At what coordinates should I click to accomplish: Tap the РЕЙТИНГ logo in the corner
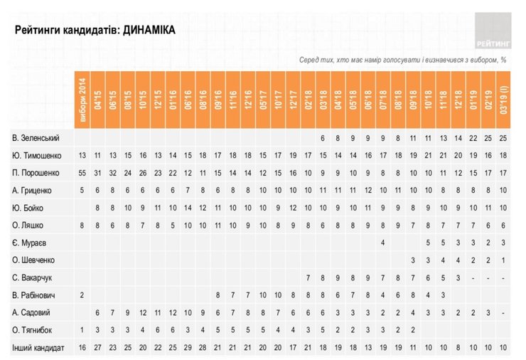493,29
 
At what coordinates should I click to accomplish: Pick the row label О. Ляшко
30,225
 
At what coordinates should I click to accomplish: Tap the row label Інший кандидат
38,348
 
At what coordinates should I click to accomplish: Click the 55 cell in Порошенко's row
82,172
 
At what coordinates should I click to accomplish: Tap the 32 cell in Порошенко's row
113,172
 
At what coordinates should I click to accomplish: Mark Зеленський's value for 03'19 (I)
503,137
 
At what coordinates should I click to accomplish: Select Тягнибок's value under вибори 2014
82,330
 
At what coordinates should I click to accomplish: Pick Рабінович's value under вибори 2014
82,295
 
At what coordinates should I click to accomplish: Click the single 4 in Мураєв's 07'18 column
383,243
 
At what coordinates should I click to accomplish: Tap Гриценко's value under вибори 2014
82,190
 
